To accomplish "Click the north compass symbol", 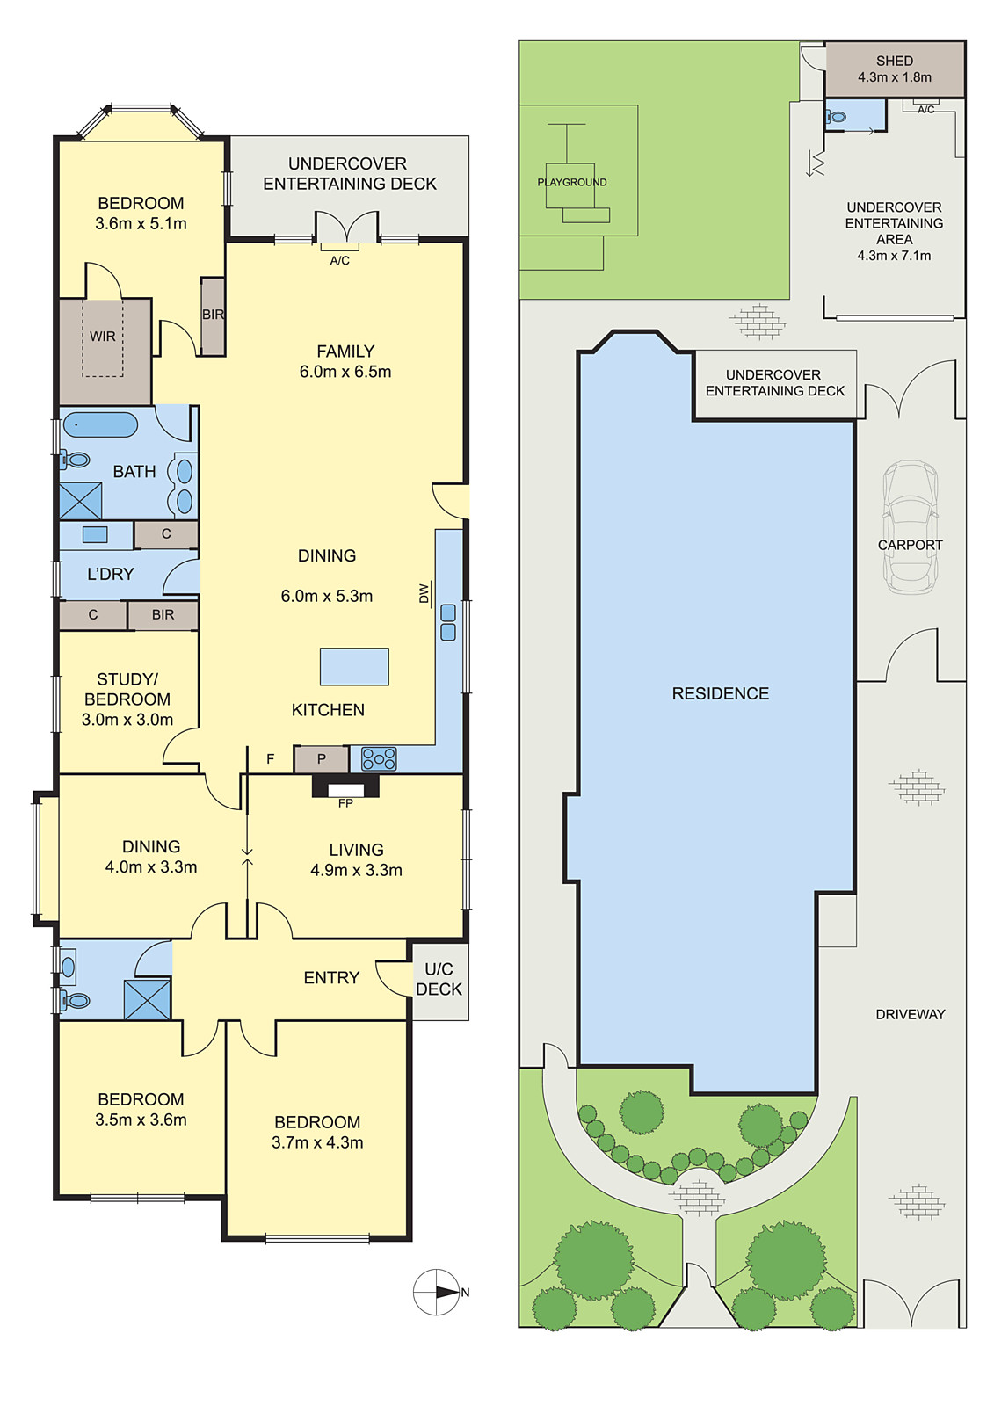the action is pos(437,1293).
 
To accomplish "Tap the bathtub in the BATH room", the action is pos(100,425).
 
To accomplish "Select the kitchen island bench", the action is pos(354,667).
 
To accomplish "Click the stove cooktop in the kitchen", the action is pos(379,759).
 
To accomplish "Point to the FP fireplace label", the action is pos(345,803).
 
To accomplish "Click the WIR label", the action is pos(102,337).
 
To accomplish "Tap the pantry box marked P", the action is pos(321,759).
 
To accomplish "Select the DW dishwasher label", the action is pos(424,593).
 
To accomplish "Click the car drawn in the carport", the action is pos(911,527).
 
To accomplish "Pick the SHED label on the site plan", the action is pos(895,61).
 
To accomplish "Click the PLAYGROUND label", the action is pos(572,183).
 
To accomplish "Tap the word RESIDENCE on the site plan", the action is pos(720,693).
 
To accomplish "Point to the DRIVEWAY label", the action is pos(911,1014).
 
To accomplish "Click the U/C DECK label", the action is pos(439,979).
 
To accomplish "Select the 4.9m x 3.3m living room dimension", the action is pos(356,871).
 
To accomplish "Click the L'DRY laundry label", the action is pos(111,575).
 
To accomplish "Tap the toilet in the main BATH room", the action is pos(75,460).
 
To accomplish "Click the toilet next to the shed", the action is pos(836,116).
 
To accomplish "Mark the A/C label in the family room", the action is pos(340,260).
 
